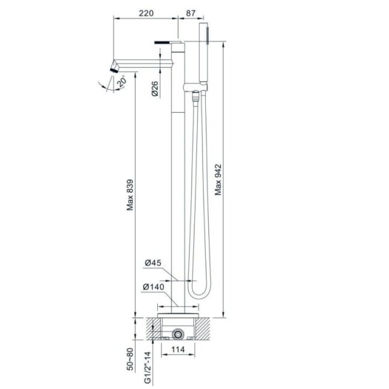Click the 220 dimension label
[146, 13]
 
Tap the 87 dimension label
[191, 13]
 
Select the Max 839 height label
[130, 195]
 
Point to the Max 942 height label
[218, 179]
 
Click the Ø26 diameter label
[154, 89]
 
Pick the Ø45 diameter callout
[153, 262]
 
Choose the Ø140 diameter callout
[154, 287]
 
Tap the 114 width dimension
[178, 349]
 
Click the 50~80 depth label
[130, 359]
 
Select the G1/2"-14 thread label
[148, 367]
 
